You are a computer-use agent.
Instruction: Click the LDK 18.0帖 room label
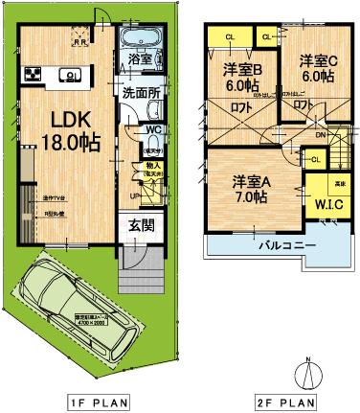point(64,132)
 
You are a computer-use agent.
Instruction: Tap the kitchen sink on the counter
point(69,74)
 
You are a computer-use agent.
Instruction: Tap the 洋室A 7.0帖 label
point(247,187)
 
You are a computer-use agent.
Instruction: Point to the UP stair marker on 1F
point(134,195)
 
